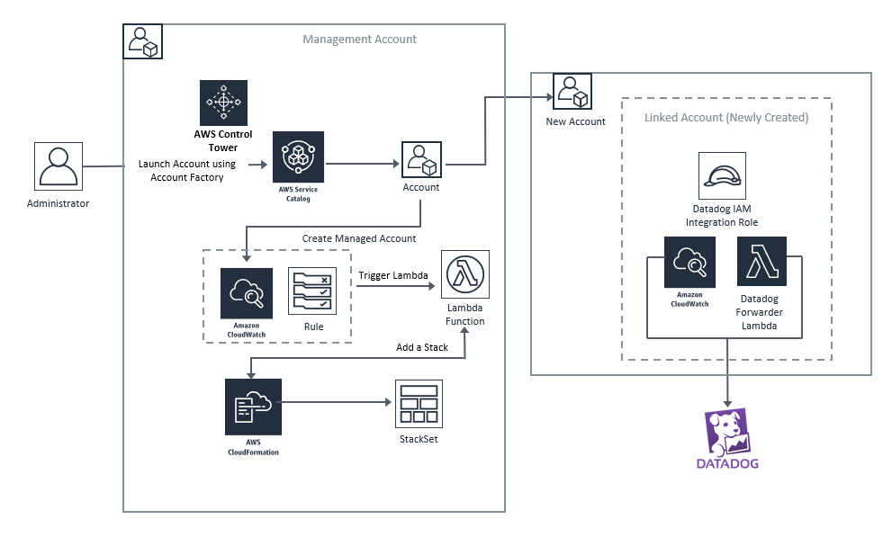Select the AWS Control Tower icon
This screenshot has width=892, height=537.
point(223,103)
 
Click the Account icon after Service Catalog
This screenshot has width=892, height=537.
point(421,158)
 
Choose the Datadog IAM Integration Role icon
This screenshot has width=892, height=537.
point(723,175)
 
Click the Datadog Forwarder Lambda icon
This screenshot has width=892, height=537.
point(761,261)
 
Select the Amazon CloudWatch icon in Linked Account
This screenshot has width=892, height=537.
point(689,262)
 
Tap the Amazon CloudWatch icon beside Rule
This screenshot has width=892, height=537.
point(246,291)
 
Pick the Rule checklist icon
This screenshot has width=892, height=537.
point(311,291)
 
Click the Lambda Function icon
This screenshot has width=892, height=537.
point(464,274)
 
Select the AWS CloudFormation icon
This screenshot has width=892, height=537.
point(253,407)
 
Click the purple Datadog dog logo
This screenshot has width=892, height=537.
point(727,433)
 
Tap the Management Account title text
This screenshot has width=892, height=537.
point(359,40)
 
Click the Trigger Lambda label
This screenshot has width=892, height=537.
point(392,275)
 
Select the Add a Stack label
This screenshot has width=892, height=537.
point(422,347)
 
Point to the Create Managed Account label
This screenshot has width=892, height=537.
point(359,238)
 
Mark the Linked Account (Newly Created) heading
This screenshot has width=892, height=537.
point(725,118)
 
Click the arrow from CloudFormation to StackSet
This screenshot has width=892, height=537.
point(338,402)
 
